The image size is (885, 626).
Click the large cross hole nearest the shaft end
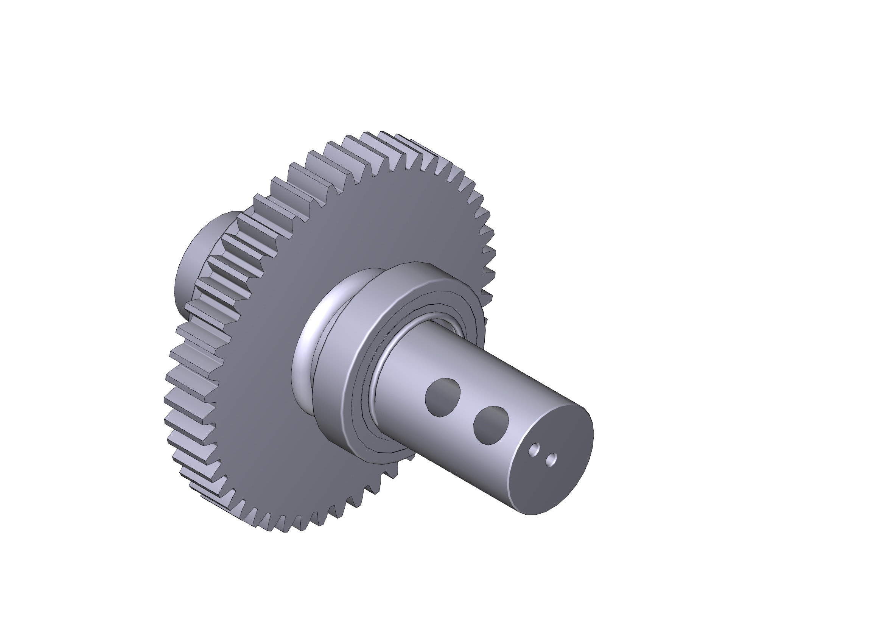coord(491,425)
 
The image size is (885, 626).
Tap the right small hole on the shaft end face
coord(552,459)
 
